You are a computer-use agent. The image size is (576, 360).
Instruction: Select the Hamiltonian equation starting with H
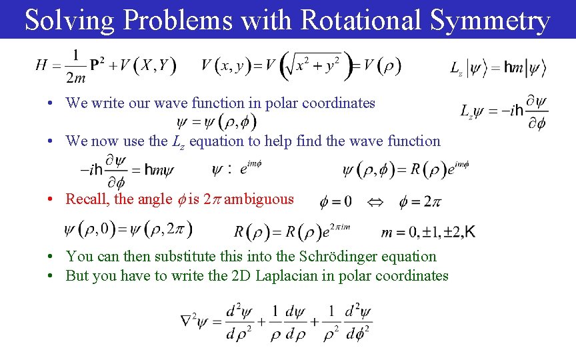point(106,66)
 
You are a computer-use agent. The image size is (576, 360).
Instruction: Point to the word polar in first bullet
point(283,103)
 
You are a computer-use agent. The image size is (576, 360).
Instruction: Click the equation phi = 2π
point(419,201)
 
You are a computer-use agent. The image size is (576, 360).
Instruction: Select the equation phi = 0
point(336,201)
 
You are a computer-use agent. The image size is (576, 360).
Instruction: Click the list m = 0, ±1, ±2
point(428,232)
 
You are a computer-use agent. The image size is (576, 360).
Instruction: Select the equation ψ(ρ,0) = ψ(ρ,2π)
point(129,231)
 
